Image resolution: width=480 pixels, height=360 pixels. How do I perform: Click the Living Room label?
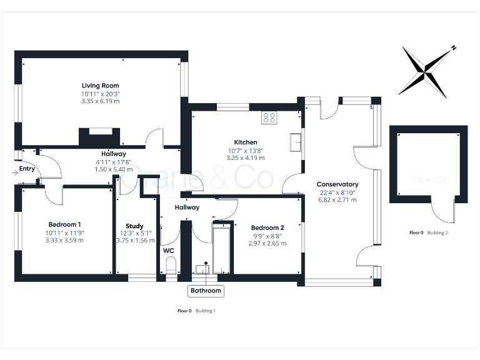pyautogui.click(x=100, y=86)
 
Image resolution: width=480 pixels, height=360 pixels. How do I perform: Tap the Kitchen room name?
pyautogui.click(x=246, y=142)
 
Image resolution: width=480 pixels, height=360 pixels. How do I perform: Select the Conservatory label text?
pyautogui.click(x=337, y=184)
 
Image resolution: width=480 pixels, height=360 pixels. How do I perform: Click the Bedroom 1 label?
pyautogui.click(x=65, y=224)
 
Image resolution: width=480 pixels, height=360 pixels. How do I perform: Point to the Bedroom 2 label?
pyautogui.click(x=267, y=227)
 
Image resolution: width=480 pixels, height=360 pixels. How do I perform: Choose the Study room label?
pyautogui.click(x=134, y=226)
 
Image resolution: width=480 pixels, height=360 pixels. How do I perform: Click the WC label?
pyautogui.click(x=169, y=251)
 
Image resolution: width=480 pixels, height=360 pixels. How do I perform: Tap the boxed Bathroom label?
pyautogui.click(x=206, y=291)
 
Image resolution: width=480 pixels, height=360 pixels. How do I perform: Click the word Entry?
pyautogui.click(x=27, y=168)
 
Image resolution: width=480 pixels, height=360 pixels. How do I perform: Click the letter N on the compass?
pyautogui.click(x=454, y=48)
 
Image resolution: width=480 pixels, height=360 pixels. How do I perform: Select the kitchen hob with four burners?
pyautogui.click(x=269, y=117)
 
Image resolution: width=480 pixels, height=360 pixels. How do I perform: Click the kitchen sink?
pyautogui.click(x=296, y=142)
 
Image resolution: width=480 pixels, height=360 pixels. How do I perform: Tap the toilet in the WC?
pyautogui.click(x=171, y=266)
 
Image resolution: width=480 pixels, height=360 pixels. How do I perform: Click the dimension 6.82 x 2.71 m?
pyautogui.click(x=337, y=201)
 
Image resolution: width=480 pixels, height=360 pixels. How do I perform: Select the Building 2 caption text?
pyautogui.click(x=437, y=232)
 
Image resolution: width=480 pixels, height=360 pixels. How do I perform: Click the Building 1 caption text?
pyautogui.click(x=206, y=311)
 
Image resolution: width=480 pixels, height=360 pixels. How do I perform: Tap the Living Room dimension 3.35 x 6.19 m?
pyautogui.click(x=100, y=101)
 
